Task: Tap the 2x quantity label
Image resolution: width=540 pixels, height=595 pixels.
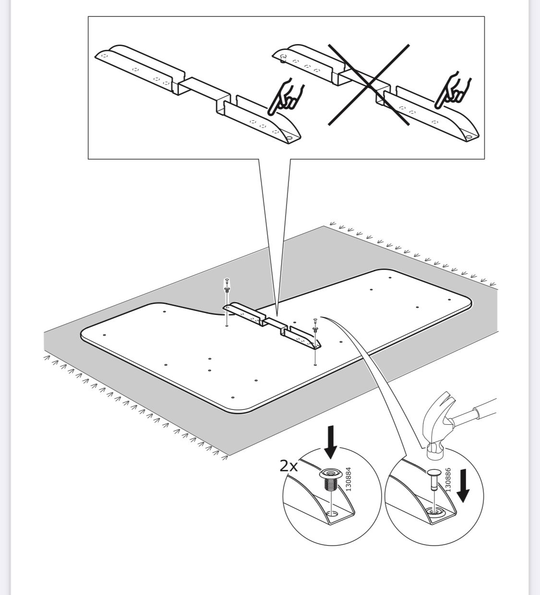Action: [x=289, y=466]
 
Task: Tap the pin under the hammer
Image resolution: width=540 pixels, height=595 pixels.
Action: [x=433, y=479]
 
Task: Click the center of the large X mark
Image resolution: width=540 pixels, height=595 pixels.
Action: [x=369, y=85]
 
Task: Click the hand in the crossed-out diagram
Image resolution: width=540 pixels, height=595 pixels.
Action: [x=453, y=90]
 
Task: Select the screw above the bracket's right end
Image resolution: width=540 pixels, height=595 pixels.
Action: [x=315, y=325]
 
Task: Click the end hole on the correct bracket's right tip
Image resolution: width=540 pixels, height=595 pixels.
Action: [x=290, y=140]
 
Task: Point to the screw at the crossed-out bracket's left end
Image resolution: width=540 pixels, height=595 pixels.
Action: [x=283, y=58]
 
